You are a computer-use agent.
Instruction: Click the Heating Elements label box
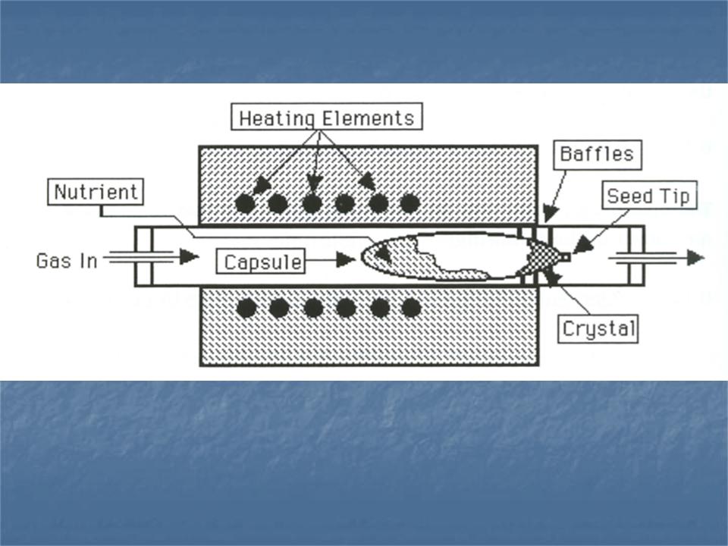326,118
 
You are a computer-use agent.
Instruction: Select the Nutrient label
96,192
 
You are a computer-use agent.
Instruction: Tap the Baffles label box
596,154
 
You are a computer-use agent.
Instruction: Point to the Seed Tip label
649,196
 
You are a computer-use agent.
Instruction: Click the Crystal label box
598,330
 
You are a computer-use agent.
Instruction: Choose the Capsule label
263,262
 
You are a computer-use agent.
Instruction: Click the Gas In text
67,261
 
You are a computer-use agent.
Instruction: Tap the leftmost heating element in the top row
244,203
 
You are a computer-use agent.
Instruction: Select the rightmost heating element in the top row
410,203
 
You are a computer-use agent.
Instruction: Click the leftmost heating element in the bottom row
245,308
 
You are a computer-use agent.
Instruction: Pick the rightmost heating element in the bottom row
411,308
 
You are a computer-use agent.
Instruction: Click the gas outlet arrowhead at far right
695,258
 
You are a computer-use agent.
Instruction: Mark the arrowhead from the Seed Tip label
582,246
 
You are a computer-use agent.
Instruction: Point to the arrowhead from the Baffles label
551,215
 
